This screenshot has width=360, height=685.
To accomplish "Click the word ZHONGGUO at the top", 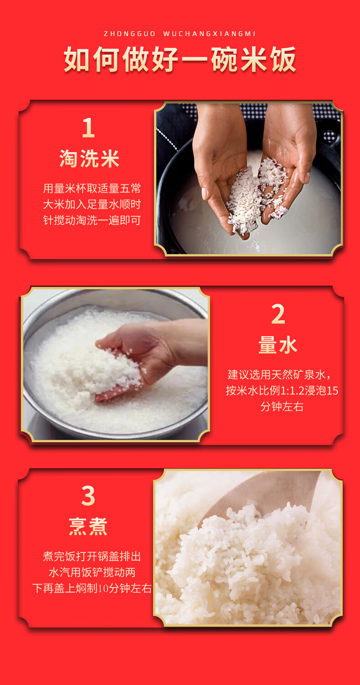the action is (x=130, y=34).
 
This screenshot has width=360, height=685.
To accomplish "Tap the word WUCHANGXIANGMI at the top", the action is (x=210, y=34).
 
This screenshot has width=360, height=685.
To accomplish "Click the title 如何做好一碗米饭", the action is (x=180, y=59).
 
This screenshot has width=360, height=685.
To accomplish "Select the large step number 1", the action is (x=88, y=128).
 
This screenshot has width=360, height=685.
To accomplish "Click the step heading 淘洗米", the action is (x=89, y=158).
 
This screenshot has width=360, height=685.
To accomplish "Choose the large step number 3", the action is (x=88, y=496).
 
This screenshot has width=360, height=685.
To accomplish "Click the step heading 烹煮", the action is (x=88, y=527).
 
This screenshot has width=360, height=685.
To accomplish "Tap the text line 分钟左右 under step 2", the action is (x=282, y=407).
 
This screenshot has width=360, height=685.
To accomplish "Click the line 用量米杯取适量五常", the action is (x=92, y=189).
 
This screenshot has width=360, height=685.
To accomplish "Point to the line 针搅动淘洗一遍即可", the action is (x=92, y=220).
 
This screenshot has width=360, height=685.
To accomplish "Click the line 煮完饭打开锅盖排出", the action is (x=92, y=556).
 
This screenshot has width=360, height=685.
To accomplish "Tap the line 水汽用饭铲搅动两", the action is (x=92, y=572).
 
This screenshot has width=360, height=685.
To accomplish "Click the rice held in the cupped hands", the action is (x=257, y=196).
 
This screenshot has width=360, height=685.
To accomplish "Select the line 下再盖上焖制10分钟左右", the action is (x=92, y=588).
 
